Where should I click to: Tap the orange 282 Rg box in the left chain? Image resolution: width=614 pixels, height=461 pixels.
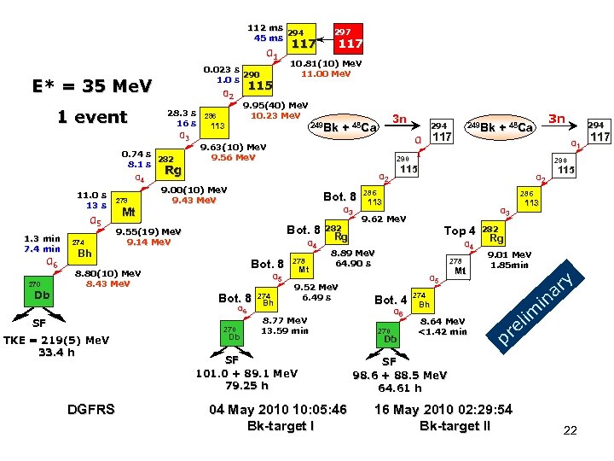pyautogui.click(x=169, y=164)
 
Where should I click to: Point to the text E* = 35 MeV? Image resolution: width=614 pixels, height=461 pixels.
pyautogui.click(x=92, y=86)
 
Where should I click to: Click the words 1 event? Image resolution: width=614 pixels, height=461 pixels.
pyautogui.click(x=92, y=117)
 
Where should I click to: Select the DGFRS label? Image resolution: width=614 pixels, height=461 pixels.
pyautogui.click(x=90, y=410)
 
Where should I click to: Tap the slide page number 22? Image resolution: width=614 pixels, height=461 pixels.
pyautogui.click(x=571, y=431)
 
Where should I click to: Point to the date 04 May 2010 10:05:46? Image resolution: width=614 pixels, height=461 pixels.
pyautogui.click(x=279, y=410)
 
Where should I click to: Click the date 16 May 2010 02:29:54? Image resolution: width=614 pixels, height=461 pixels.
pyautogui.click(x=443, y=410)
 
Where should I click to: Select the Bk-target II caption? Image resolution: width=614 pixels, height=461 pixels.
pyautogui.click(x=455, y=425)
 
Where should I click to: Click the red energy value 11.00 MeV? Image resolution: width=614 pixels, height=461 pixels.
pyautogui.click(x=326, y=74)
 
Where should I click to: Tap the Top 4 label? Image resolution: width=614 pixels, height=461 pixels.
pyautogui.click(x=460, y=230)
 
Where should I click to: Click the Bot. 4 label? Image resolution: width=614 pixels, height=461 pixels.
pyautogui.click(x=391, y=300)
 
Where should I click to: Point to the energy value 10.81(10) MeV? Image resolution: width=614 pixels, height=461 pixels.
pyautogui.click(x=327, y=63)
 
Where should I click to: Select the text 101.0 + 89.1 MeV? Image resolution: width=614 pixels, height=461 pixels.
pyautogui.click(x=246, y=373)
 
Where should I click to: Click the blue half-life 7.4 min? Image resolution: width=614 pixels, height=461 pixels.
pyautogui.click(x=43, y=249)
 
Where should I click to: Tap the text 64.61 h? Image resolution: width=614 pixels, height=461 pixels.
pyautogui.click(x=400, y=388)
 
